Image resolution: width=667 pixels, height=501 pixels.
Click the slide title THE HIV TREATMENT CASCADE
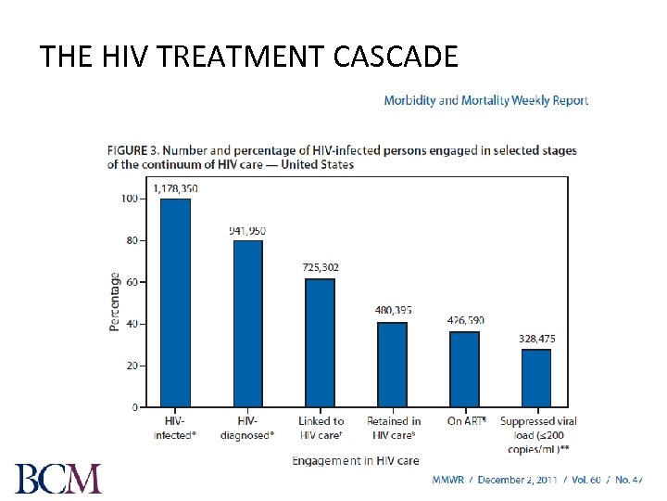[x=248, y=58]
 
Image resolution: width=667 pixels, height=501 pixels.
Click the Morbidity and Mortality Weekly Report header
[x=485, y=100]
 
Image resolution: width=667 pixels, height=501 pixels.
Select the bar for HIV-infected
[x=175, y=302]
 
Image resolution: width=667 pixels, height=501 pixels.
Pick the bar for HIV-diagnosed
[x=247, y=324]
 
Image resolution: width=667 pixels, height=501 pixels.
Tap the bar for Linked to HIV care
[x=321, y=343]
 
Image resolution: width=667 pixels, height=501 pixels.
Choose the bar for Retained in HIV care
[x=393, y=365]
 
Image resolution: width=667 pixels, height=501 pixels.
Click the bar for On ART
[x=464, y=369]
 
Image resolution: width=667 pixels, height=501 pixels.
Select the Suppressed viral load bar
[x=536, y=379]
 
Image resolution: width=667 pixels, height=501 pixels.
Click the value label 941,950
[x=247, y=230]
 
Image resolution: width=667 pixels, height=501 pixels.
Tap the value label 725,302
[x=321, y=267]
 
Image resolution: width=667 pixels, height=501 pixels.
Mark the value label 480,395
[x=393, y=310]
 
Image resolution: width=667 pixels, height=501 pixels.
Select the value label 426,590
[x=465, y=320]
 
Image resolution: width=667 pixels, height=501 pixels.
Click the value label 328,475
[x=537, y=339]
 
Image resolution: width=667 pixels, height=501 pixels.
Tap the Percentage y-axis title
[x=114, y=302]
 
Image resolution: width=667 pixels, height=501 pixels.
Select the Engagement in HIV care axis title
[x=356, y=460]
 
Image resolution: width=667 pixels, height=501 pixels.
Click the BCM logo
[x=58, y=478]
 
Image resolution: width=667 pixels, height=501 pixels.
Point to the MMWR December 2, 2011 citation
[x=537, y=480]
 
